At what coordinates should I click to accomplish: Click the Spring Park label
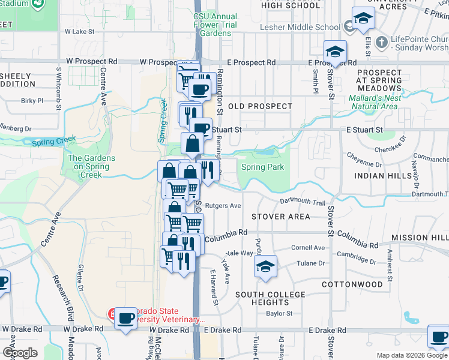click(262, 167)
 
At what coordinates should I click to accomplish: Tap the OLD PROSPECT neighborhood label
click(260, 106)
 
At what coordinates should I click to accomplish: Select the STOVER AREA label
click(281, 217)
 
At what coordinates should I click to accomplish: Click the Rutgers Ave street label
click(223, 205)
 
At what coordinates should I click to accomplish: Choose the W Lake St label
click(80, 31)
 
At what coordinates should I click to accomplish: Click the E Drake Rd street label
click(223, 330)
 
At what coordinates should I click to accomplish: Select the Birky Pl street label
click(32, 101)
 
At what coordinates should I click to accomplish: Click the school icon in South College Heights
click(265, 266)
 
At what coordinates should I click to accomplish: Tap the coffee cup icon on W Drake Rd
click(126, 319)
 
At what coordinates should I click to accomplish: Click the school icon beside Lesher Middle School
click(363, 20)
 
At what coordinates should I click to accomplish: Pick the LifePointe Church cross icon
click(381, 43)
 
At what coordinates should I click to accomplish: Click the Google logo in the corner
click(20, 353)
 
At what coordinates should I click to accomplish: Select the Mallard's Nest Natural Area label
click(373, 102)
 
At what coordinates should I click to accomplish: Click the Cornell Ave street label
click(308, 247)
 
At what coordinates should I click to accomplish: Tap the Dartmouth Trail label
click(303, 203)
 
